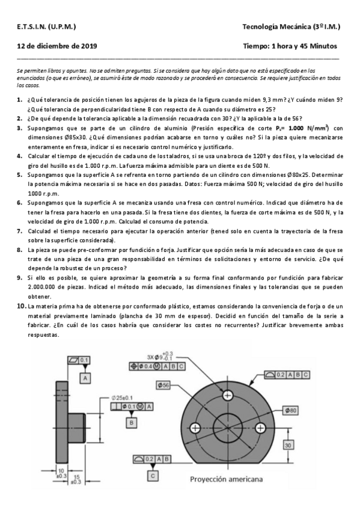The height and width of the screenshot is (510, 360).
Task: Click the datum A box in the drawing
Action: [86, 378]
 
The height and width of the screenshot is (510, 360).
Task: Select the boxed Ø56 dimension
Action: [163, 384]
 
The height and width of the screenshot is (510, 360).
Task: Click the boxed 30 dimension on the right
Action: [289, 444]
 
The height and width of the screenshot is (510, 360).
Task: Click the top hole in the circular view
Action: [228, 396]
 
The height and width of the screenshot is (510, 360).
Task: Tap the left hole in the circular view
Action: [195, 429]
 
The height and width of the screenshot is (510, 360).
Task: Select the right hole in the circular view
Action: [261, 429]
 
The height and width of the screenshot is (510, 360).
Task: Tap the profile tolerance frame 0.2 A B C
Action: [288, 374]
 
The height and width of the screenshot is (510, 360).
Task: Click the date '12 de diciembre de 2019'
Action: [49, 46]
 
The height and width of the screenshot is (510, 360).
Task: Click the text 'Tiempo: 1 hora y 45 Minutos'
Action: [290, 46]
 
